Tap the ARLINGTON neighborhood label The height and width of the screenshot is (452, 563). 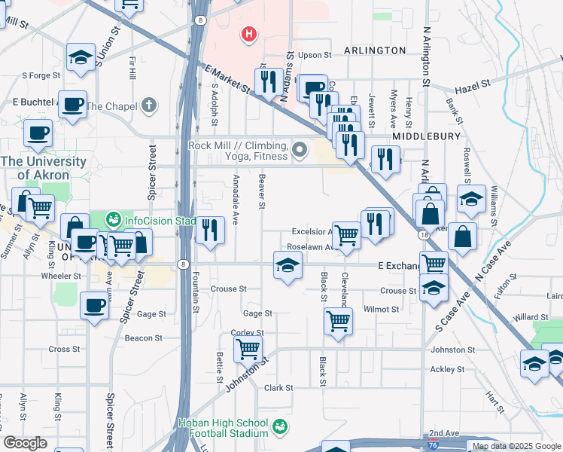(374, 50)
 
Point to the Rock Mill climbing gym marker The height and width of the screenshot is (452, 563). (300, 151)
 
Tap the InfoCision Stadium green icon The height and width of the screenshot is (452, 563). (114, 220)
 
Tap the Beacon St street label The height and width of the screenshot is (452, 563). (139, 338)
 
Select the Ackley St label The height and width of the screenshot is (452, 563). (443, 369)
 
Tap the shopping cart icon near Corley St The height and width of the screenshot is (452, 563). (248, 349)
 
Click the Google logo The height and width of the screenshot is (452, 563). (24, 443)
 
